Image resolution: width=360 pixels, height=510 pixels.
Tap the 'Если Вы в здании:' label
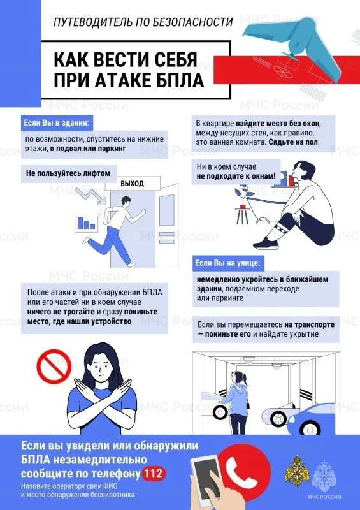(55, 122)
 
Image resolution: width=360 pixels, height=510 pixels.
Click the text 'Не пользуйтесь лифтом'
(63, 173)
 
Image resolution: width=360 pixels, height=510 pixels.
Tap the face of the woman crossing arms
(103, 368)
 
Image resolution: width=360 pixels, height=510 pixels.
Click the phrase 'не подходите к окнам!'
(236, 176)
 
